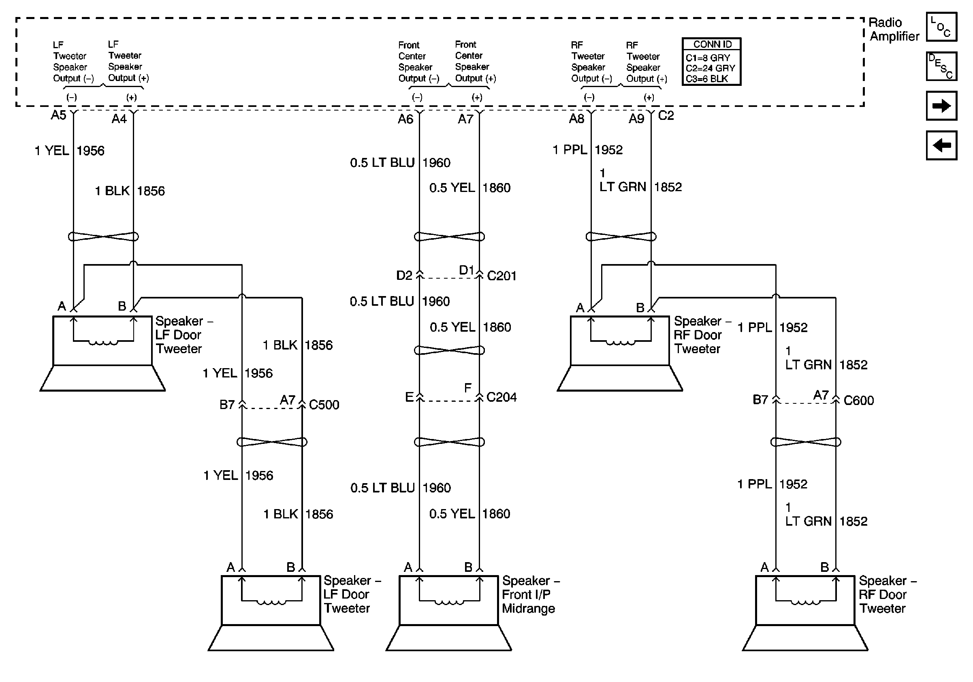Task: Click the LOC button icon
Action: (941, 27)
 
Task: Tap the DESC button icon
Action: (941, 66)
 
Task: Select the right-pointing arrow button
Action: (941, 105)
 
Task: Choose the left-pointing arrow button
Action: (941, 145)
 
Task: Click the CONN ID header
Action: (712, 44)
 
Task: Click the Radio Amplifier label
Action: (894, 29)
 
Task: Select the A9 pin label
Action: (636, 119)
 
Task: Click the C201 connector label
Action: (501, 276)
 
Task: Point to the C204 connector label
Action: (501, 397)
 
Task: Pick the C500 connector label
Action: (324, 405)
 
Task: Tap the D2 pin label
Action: (404, 276)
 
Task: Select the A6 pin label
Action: (405, 119)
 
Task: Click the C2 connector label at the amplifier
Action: (666, 115)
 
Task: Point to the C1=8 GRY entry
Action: (708, 58)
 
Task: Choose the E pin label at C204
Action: (409, 397)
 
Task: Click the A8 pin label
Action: (576, 119)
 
